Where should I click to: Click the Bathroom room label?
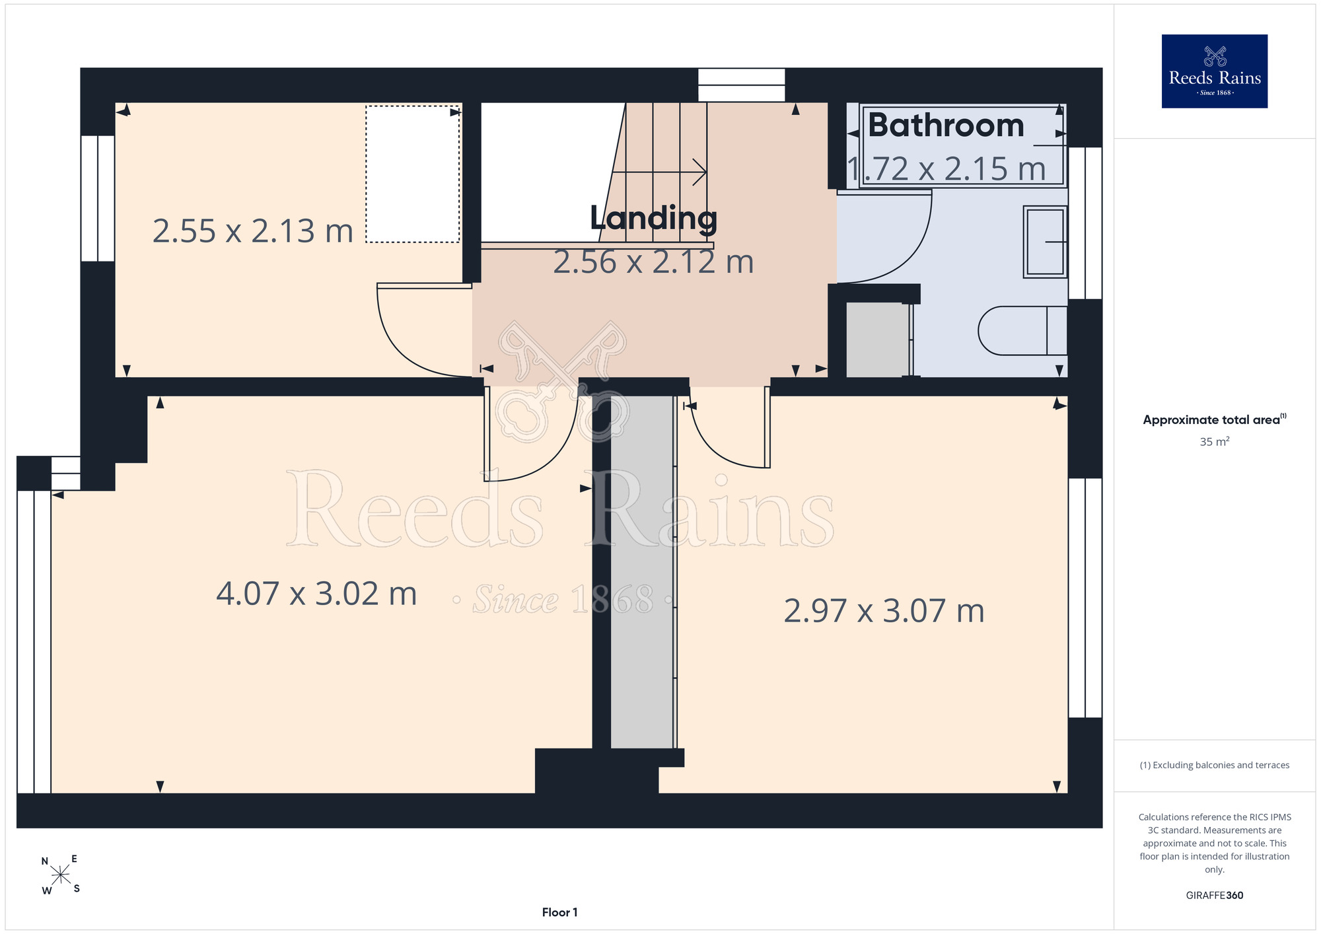[946, 126]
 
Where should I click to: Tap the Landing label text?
[653, 218]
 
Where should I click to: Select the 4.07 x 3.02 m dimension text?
[316, 593]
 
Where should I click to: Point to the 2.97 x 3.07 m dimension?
[884, 610]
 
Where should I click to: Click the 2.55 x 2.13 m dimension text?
[253, 231]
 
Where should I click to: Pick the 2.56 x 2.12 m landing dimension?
[653, 262]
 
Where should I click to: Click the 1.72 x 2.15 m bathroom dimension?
[946, 168]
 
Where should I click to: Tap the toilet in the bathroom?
[1022, 330]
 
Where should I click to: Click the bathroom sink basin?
[1045, 242]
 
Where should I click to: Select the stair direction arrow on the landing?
[659, 172]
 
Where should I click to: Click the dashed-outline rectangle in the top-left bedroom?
[413, 174]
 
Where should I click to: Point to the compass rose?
[60, 875]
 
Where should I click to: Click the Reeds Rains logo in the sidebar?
[1215, 71]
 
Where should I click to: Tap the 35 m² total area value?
[1215, 441]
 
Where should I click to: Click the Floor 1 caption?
[559, 912]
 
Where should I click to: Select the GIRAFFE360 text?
[1215, 896]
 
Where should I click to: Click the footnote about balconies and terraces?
[1215, 765]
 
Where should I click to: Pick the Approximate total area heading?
[1215, 419]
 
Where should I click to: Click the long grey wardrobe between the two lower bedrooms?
[642, 572]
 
